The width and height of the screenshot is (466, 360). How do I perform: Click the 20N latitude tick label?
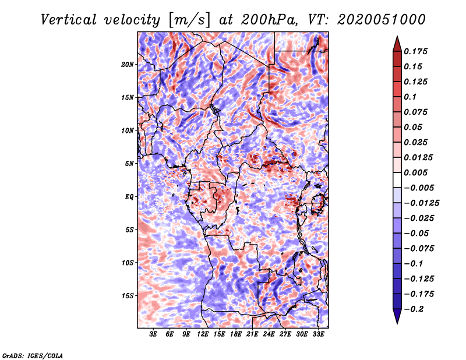128,64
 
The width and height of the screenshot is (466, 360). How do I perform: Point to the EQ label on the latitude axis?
129,197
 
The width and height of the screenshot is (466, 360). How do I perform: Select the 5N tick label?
129,164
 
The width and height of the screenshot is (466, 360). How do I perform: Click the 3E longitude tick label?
153,334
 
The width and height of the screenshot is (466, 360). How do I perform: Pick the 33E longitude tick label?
318,334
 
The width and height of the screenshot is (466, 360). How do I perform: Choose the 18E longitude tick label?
236,334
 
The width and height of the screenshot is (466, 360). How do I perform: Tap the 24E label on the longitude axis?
269,334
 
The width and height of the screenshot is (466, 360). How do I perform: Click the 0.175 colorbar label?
415,51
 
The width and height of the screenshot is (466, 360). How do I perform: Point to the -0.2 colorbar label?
414,309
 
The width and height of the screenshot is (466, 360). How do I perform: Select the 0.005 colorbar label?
415,172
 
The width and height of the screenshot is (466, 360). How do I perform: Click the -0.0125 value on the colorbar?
421,203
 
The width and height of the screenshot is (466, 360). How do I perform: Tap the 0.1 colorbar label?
410,97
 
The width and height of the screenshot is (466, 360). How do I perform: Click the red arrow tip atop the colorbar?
397,36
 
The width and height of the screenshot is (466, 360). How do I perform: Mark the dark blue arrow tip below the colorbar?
397,323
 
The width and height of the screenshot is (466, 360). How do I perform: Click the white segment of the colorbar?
397,180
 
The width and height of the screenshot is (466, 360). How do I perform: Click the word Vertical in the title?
69,20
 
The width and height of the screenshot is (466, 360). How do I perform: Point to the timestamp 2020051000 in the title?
382,20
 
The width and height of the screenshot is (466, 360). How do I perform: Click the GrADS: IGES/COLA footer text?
33,356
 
